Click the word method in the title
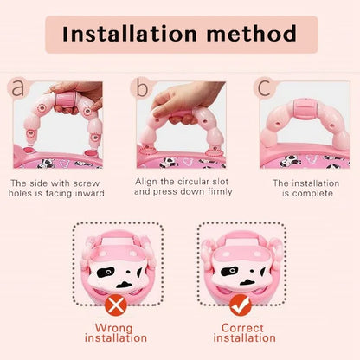pyautogui.click(x=250, y=35)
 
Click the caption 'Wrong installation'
pyautogui.click(x=115, y=333)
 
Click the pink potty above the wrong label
pyautogui.click(x=115, y=261)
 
